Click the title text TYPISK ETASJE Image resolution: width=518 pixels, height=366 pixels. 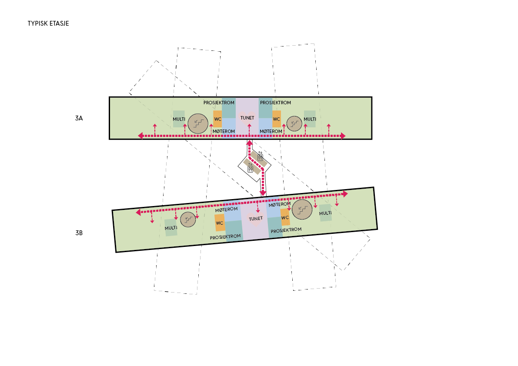[x=48, y=23]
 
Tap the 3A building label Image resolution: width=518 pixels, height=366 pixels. [x=79, y=118]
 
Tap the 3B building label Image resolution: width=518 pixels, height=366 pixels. [x=79, y=233]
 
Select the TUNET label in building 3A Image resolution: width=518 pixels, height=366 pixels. [x=247, y=118]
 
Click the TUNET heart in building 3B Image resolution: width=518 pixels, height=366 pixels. [x=255, y=219]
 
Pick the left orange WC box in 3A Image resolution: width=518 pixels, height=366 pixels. [x=217, y=119]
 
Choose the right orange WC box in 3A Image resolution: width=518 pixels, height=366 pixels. [x=277, y=119]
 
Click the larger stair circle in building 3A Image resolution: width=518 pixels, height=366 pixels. [x=198, y=124]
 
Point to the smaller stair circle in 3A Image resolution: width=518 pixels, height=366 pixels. [x=294, y=124]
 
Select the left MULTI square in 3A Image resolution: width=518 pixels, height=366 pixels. [x=179, y=119]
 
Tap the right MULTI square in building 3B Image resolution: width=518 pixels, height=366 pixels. [x=325, y=213]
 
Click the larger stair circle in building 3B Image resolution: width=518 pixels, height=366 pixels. [x=302, y=209]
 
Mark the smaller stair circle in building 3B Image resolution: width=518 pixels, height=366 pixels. [x=188, y=220]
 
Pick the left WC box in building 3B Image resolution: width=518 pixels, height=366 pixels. [x=220, y=223]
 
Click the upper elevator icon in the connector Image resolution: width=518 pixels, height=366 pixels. [x=261, y=157]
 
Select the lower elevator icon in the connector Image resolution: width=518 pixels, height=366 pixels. [x=250, y=169]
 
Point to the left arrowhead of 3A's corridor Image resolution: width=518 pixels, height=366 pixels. [x=141, y=136]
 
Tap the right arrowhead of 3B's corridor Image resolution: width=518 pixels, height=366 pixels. [x=346, y=194]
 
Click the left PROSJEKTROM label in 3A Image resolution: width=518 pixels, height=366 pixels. [x=219, y=103]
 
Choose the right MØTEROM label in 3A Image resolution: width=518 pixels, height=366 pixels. [x=271, y=131]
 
